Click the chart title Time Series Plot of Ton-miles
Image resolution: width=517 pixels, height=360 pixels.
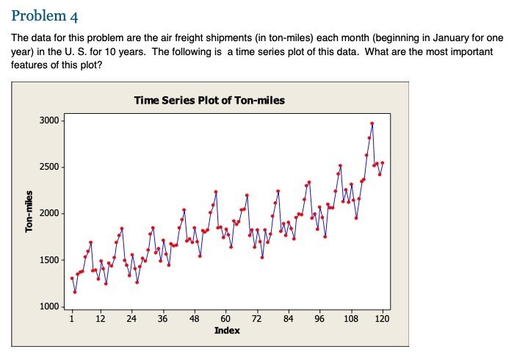(x=209, y=100)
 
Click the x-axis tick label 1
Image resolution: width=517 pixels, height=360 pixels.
(x=72, y=319)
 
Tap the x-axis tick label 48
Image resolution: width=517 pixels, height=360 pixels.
(x=194, y=319)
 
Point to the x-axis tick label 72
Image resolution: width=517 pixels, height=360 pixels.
(x=256, y=319)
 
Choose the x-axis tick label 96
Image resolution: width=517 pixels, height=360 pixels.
(x=319, y=319)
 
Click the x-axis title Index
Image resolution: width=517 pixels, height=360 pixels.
(x=226, y=331)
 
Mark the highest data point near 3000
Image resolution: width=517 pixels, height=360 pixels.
(x=372, y=123)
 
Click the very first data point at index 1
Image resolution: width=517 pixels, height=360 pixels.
(x=72, y=278)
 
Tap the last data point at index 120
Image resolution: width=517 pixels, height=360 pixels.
(x=383, y=162)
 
